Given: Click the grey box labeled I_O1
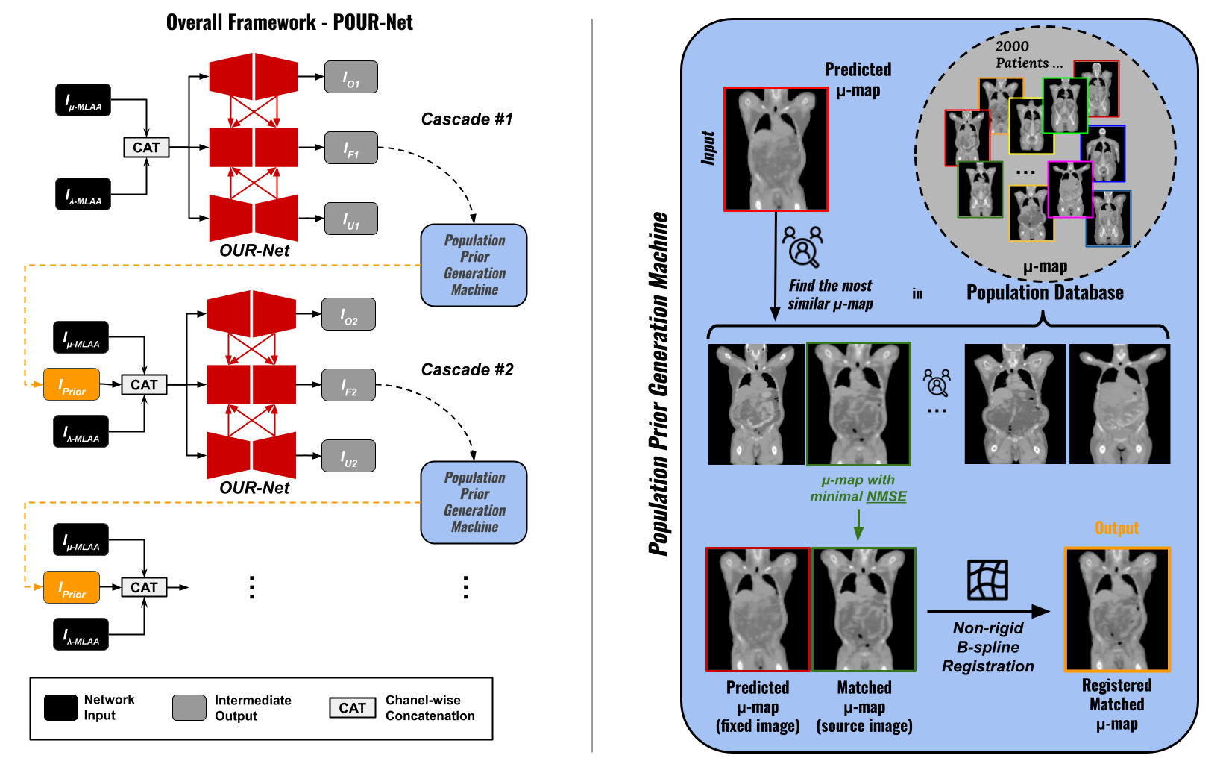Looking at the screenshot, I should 350,77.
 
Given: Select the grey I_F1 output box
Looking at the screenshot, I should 350,148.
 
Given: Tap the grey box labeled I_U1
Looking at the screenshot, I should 350,219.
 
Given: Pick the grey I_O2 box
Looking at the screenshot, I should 348,314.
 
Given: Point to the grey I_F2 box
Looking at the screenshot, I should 348,385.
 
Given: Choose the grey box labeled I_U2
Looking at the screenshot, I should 348,456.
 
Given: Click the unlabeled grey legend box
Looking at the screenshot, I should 189,707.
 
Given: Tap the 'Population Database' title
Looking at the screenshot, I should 1045,292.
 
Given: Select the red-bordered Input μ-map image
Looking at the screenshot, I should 776,149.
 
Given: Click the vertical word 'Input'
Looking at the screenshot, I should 708,148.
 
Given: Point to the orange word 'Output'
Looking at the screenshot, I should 1116,528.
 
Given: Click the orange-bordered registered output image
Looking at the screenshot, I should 1116,610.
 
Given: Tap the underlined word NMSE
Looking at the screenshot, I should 887,497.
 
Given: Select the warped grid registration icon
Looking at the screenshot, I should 987,580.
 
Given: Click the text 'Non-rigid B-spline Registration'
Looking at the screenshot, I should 987,647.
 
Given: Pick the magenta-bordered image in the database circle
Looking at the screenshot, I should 1070,190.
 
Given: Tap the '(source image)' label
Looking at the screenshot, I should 864,726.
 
